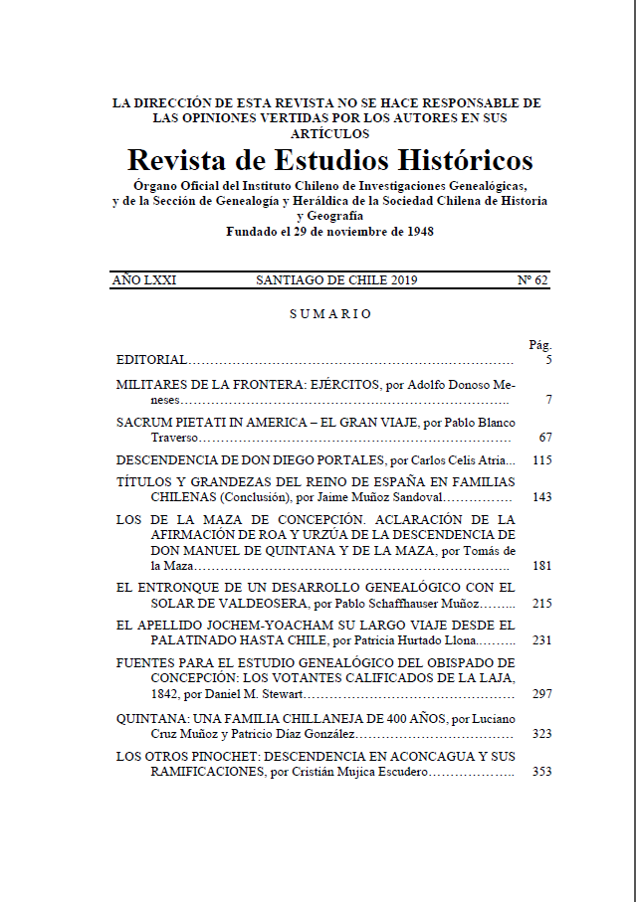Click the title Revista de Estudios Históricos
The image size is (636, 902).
pyautogui.click(x=329, y=160)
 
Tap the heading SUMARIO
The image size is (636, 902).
pyautogui.click(x=330, y=314)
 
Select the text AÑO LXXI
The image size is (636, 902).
pyautogui.click(x=144, y=280)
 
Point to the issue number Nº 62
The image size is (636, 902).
pyautogui.click(x=532, y=280)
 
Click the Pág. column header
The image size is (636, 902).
pyautogui.click(x=540, y=345)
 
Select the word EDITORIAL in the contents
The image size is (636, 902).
pyautogui.click(x=152, y=359)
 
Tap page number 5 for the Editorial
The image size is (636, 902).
pyautogui.click(x=547, y=359)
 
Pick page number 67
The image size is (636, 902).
pyautogui.click(x=543, y=437)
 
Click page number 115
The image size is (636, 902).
pyautogui.click(x=541, y=460)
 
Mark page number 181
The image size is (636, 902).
pyautogui.click(x=541, y=565)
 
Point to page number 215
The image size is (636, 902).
pyautogui.click(x=541, y=603)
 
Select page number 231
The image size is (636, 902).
pyautogui.click(x=541, y=639)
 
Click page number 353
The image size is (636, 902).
pyautogui.click(x=541, y=772)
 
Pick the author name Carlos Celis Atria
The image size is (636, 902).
pyautogui.click(x=453, y=460)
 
